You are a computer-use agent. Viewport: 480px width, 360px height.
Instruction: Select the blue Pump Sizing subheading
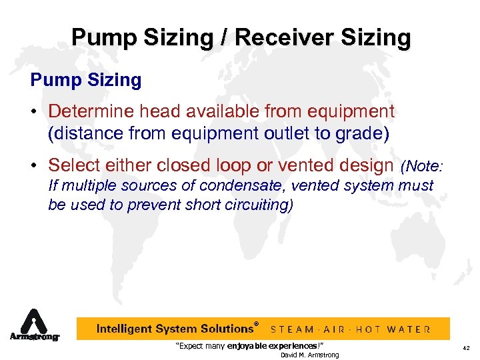(x=86, y=81)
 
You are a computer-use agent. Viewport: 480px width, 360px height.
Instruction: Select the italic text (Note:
(x=425, y=165)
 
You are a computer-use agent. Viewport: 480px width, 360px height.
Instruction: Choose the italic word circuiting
(x=257, y=204)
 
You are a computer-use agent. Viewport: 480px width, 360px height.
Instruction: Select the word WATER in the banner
(x=409, y=329)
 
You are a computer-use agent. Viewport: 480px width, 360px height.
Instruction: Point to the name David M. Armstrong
(x=309, y=355)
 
